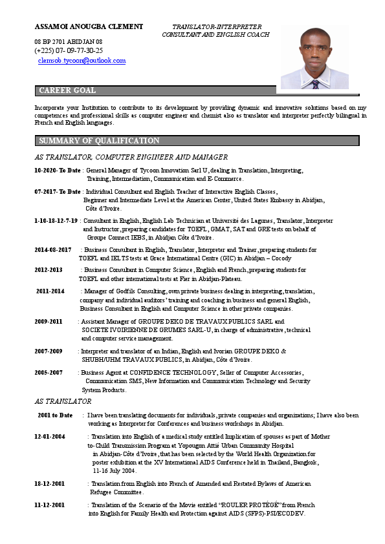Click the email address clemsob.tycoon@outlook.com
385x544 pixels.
82,61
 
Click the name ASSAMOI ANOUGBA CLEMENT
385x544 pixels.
89,26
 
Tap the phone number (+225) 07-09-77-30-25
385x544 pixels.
69,50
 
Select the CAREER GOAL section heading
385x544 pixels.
67,90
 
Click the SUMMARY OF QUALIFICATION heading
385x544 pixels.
99,141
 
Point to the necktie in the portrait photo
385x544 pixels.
315,83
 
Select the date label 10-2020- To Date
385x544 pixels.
58,171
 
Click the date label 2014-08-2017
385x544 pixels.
53,250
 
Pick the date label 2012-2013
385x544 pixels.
49,270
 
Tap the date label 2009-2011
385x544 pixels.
49,321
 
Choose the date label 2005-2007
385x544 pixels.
49,373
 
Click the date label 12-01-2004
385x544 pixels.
50,437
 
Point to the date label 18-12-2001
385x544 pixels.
50,483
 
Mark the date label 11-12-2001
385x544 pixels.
50,505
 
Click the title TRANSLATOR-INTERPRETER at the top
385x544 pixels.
215,26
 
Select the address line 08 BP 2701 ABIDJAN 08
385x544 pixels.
69,41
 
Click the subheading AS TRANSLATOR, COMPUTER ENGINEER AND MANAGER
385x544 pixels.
131,157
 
